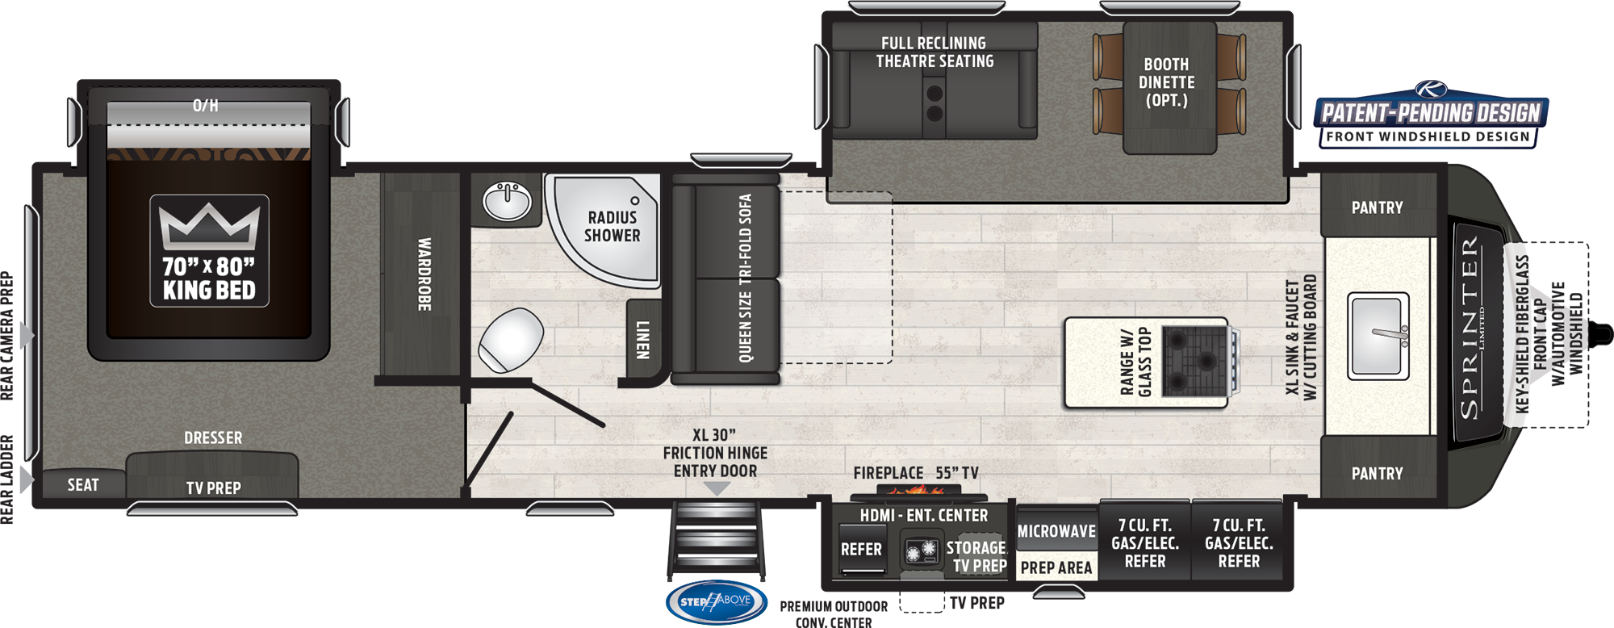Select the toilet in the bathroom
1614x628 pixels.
[x=511, y=339]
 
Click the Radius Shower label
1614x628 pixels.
[x=612, y=227]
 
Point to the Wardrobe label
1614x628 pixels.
[x=424, y=274]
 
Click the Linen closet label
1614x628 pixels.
[x=642, y=340]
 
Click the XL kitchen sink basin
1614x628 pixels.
[x=1378, y=335]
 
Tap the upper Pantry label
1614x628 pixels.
[x=1377, y=207]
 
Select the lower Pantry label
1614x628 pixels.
[x=1377, y=474]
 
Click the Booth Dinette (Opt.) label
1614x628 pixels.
[x=1166, y=82]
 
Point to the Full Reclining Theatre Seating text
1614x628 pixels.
[x=935, y=52]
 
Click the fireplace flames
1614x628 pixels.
[x=917, y=489]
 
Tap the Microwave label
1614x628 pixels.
[x=1056, y=531]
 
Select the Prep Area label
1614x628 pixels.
[x=1056, y=568]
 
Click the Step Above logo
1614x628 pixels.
[x=715, y=601]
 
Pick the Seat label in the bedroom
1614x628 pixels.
[x=83, y=485]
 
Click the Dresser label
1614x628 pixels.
[x=213, y=438]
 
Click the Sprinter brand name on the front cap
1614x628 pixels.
[x=1470, y=327]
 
